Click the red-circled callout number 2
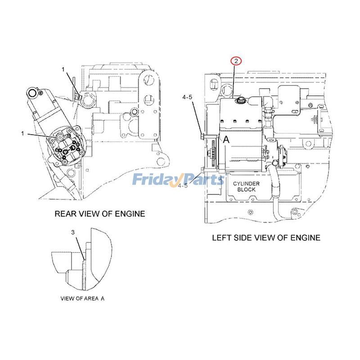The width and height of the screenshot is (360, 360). pos(236,61)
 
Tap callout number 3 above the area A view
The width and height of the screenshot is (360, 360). pos(73,232)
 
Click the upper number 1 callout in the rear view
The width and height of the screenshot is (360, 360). pos(64,70)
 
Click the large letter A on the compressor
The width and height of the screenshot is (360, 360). pos(226,140)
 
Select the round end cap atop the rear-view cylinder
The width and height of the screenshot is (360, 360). pos(32,93)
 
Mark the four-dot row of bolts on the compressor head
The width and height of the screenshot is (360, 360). pos(237,120)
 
